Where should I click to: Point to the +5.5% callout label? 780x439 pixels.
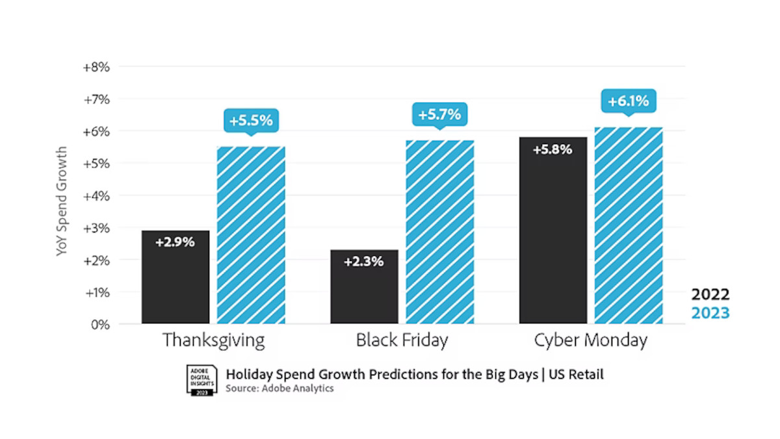251,120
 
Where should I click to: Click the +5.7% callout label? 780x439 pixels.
439,115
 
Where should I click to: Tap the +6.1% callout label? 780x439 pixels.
628,101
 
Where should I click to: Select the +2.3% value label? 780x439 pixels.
364,262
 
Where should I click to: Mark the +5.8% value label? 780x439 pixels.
552,149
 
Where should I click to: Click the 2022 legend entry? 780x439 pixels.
710,294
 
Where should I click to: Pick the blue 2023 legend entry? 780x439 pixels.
710,313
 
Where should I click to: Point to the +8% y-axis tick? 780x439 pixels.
96,67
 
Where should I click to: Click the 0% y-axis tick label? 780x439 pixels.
99,324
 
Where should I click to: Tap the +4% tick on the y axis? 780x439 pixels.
96,195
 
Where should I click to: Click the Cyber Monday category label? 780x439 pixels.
590,340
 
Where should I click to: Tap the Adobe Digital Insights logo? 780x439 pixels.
200,380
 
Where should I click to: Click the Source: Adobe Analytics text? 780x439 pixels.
279,388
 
